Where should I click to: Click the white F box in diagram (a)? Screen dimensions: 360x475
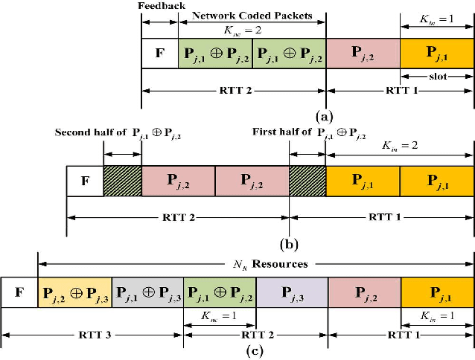tap(159, 54)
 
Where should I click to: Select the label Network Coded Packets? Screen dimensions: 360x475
tap(251, 15)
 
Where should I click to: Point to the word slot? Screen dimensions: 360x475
tap(437, 76)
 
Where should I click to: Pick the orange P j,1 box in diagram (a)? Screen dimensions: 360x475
tap(437, 54)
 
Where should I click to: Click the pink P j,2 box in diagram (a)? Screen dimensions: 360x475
tap(363, 54)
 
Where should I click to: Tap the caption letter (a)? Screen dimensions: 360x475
tap(325, 116)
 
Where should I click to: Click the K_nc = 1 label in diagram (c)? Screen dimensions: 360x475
tap(219, 315)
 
